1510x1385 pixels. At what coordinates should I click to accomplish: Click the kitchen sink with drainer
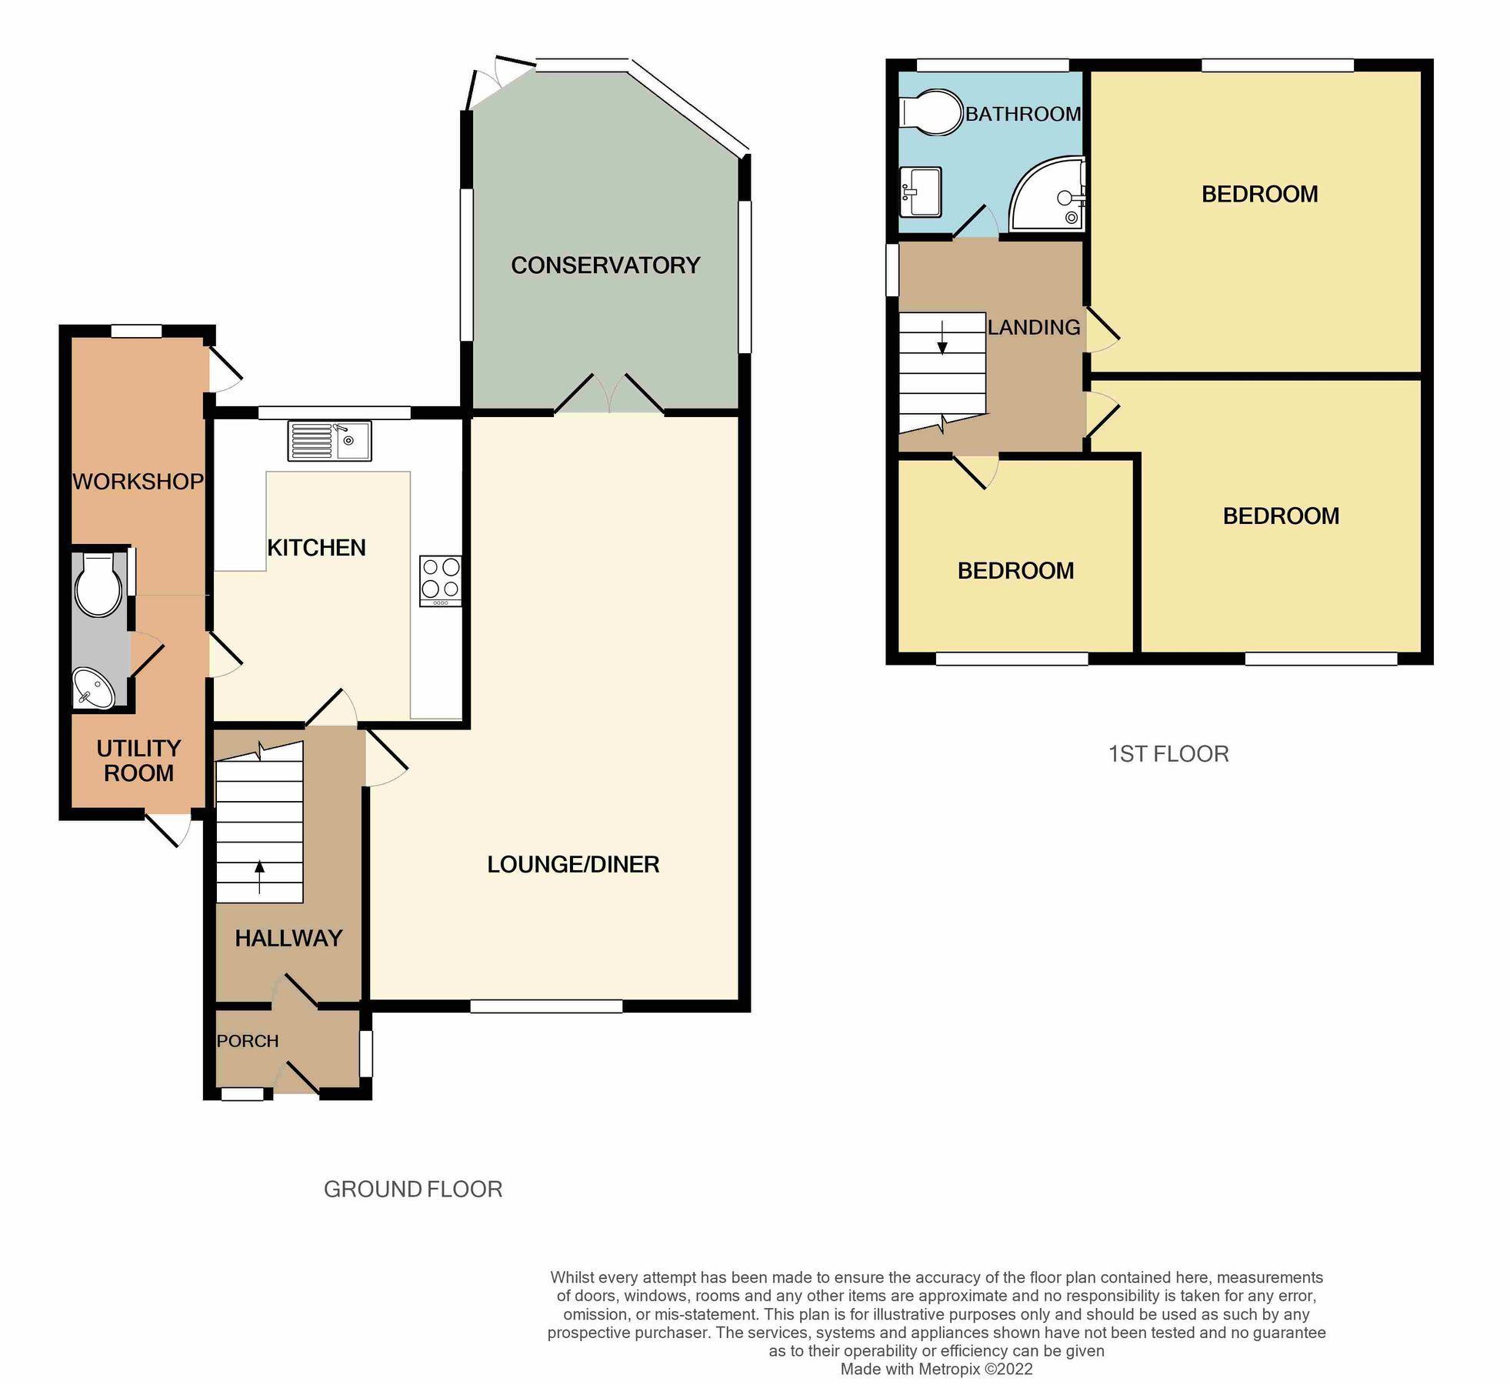(329, 441)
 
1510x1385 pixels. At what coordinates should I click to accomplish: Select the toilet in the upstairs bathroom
(932, 114)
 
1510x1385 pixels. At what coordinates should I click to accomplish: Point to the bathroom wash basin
(920, 192)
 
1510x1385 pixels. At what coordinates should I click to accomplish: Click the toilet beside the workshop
(98, 585)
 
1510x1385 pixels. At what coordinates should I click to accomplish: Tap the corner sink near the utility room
(93, 687)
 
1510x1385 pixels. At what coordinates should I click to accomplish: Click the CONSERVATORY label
(605, 265)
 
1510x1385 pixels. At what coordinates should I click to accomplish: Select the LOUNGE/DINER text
(573, 864)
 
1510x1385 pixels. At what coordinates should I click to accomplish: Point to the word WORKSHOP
(138, 482)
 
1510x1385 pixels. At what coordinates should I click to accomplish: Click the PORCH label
(248, 1041)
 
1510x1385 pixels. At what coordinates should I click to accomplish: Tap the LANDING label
(1034, 328)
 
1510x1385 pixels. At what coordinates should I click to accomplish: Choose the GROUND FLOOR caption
(413, 1189)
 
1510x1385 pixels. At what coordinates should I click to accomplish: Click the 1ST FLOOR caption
(1168, 754)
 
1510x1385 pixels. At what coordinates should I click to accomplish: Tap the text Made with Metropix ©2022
(936, 1369)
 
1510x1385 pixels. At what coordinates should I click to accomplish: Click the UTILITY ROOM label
(138, 760)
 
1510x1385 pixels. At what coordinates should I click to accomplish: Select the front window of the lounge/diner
(546, 1006)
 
